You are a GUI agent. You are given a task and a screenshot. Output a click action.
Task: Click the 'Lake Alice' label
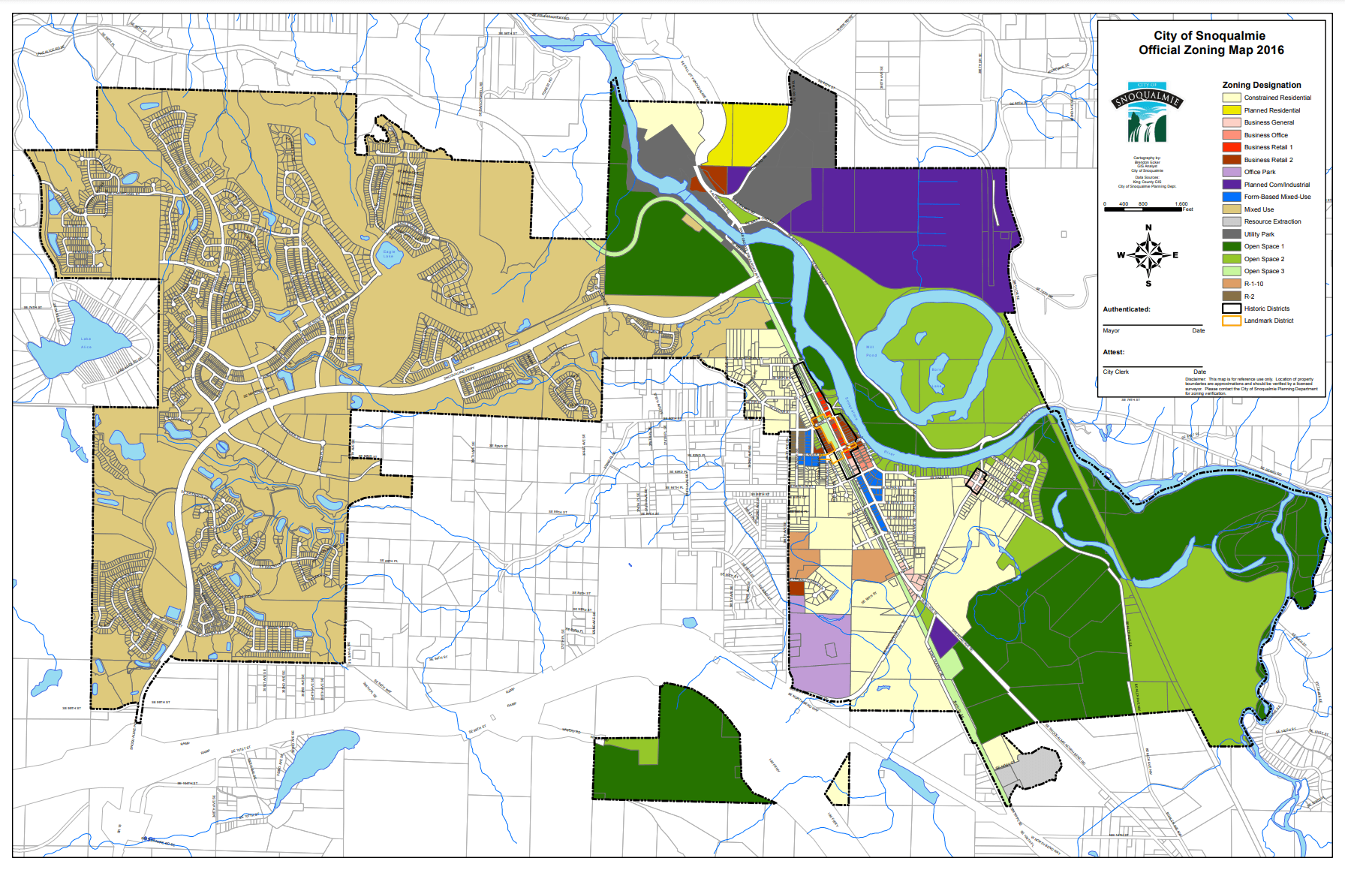click(x=86, y=343)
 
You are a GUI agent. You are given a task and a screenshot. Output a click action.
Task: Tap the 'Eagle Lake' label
click(x=388, y=254)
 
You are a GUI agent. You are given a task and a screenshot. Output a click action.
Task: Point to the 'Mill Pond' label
click(x=871, y=351)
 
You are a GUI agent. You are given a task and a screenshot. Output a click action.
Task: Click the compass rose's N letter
click(x=1148, y=227)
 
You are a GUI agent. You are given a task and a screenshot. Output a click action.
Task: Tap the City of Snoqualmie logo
click(x=1147, y=113)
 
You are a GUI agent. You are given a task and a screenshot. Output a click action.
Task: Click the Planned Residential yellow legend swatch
click(x=1231, y=110)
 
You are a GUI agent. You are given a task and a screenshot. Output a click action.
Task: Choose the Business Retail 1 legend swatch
click(x=1231, y=147)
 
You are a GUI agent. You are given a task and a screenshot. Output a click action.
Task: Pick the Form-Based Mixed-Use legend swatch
click(x=1231, y=197)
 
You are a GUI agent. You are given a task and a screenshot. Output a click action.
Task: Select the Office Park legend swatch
click(x=1231, y=172)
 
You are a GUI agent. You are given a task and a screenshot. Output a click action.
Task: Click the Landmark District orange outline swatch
click(x=1231, y=321)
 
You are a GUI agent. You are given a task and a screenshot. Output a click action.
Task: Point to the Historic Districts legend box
click(x=1231, y=309)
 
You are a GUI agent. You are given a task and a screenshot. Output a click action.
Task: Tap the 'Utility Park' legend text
click(x=1259, y=234)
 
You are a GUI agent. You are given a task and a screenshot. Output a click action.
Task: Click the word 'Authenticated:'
click(x=1126, y=309)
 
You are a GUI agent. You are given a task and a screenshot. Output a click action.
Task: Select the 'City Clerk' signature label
click(x=1115, y=372)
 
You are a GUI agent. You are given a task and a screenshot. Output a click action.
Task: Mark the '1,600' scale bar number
click(x=1181, y=203)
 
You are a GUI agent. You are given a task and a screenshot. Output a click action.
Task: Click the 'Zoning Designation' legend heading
click(x=1261, y=85)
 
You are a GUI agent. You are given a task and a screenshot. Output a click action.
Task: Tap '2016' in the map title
click(x=1270, y=50)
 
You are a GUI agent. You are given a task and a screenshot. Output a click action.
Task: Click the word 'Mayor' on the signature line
click(x=1111, y=330)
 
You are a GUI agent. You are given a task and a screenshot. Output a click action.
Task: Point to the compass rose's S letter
click(x=1148, y=284)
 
